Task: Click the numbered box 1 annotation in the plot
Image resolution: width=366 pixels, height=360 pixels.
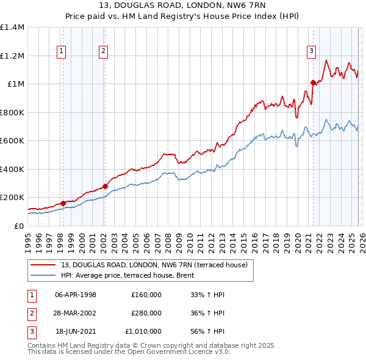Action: pyautogui.click(x=62, y=51)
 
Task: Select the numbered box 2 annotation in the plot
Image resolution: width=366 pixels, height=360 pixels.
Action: pyautogui.click(x=104, y=51)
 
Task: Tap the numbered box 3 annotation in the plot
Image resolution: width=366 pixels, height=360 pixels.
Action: pyautogui.click(x=312, y=51)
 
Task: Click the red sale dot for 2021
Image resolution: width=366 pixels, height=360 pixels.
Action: pyautogui.click(x=313, y=82)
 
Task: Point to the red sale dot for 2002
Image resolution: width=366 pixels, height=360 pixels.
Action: pyautogui.click(x=105, y=186)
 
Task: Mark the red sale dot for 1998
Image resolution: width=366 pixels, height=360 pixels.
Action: pyautogui.click(x=63, y=203)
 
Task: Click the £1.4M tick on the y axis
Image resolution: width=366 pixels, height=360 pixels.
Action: pyautogui.click(x=12, y=27)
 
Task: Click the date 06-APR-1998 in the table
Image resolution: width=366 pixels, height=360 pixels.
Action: pyautogui.click(x=76, y=295)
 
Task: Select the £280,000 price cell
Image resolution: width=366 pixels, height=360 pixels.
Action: pyautogui.click(x=146, y=313)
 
